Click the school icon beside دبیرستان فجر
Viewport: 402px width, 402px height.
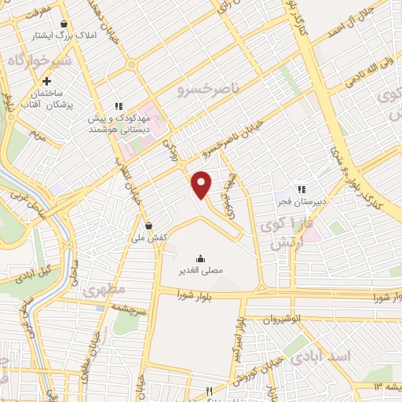tap(301, 188)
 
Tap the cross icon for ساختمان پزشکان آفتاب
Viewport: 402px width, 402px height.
tap(47, 81)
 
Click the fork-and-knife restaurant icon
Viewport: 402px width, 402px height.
tap(209, 391)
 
